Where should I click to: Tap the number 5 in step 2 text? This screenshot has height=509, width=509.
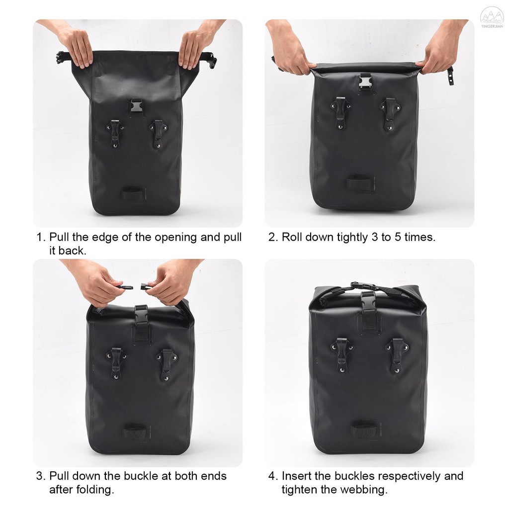[x=398, y=237]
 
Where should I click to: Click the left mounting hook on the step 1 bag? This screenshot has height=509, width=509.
[x=115, y=133]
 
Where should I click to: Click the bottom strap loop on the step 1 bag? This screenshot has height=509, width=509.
[x=133, y=194]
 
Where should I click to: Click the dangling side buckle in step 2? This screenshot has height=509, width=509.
[x=450, y=76]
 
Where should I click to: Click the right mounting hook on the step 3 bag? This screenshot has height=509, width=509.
[x=167, y=365]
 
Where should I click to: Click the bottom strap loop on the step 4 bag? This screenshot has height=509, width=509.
[x=365, y=428]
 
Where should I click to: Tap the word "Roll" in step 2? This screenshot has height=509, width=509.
[x=291, y=237]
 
